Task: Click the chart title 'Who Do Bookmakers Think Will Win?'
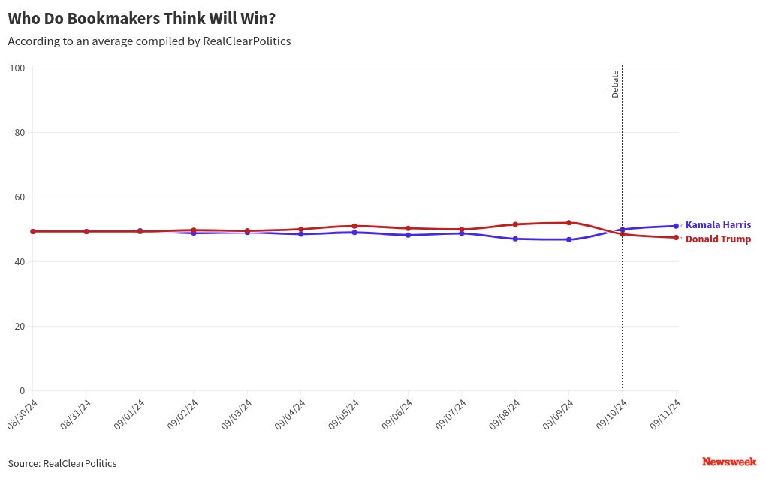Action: pos(141,18)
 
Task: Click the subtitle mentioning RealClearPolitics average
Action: pos(149,41)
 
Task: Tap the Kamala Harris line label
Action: pos(718,225)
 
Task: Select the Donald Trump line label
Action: pos(718,239)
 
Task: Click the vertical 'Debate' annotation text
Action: pos(615,84)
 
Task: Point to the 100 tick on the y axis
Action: pos(17,68)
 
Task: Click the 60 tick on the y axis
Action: pos(20,197)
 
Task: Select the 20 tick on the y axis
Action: pos(20,327)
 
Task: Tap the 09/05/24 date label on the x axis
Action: pos(345,414)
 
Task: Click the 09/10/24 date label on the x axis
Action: pos(613,414)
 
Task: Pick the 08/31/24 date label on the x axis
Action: pos(77,414)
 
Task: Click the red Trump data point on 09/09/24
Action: pos(569,223)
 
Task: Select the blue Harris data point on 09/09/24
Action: pos(569,239)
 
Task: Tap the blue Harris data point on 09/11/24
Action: pos(676,226)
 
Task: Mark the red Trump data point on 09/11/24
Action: pos(676,238)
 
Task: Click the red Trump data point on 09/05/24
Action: pos(354,226)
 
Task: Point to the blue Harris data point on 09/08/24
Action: pos(515,239)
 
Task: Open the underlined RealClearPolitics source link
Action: pos(80,464)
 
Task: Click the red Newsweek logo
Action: pos(729,462)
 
